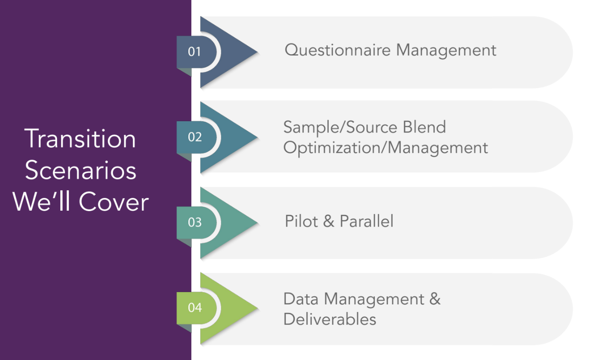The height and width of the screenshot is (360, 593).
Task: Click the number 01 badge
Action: (x=195, y=51)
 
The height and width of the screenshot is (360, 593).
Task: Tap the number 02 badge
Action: (x=195, y=137)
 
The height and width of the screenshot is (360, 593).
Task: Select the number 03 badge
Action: (x=195, y=222)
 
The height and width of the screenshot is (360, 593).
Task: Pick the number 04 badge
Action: (x=195, y=308)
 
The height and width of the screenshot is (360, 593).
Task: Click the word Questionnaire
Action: (x=338, y=50)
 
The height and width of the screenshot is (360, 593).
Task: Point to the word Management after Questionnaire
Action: (x=446, y=50)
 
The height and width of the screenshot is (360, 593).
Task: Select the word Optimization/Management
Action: (x=386, y=148)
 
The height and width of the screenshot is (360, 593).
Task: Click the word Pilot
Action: (x=301, y=221)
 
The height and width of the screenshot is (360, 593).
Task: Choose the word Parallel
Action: (x=366, y=221)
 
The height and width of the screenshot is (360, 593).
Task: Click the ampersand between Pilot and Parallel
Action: (x=328, y=221)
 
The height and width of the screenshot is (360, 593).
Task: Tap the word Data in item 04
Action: (x=301, y=299)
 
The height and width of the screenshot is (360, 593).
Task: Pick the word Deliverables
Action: (x=330, y=319)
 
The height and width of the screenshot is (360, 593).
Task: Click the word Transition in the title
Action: (x=81, y=139)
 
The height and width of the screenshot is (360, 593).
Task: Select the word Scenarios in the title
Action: (x=81, y=171)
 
